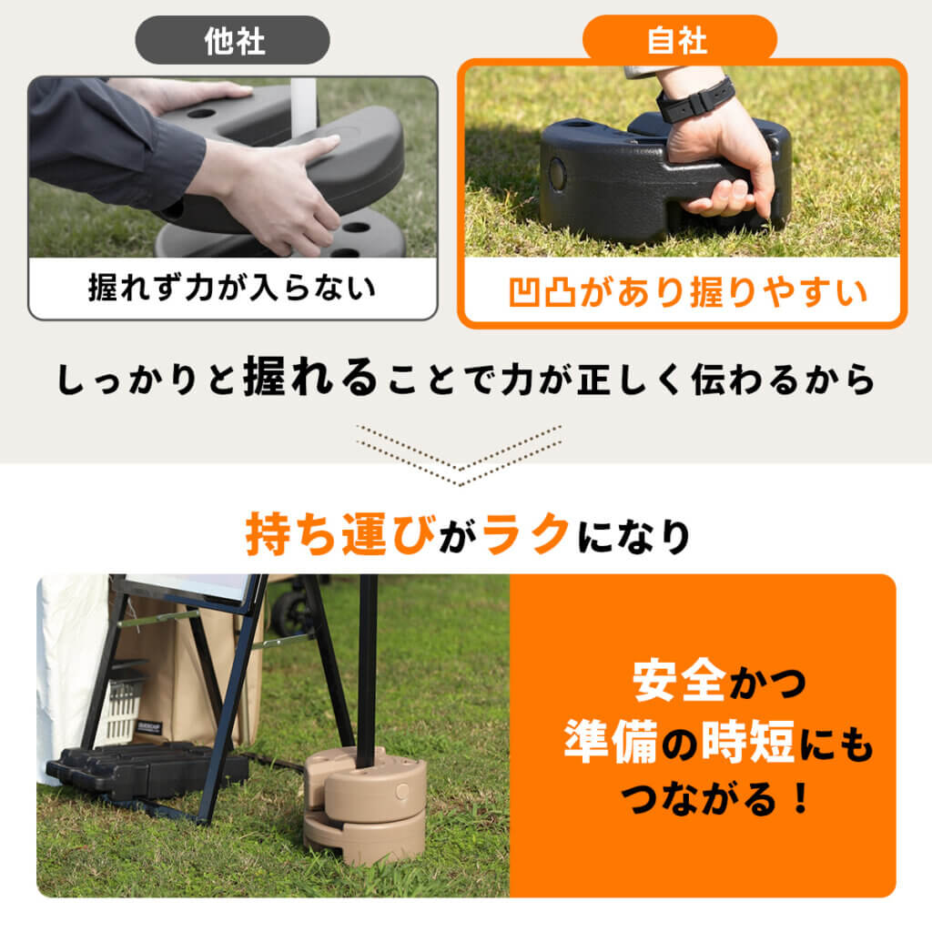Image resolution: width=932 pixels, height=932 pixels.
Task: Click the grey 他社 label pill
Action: tap(232, 40)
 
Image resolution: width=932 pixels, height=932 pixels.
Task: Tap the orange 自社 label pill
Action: tap(679, 40)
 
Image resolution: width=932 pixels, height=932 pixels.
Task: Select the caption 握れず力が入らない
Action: tap(232, 289)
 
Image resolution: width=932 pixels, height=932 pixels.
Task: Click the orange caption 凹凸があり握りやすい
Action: tap(683, 293)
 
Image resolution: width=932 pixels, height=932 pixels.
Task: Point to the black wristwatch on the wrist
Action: tap(694, 99)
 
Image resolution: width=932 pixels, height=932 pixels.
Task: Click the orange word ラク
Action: tap(525, 536)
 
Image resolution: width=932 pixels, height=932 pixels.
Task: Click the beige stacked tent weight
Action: tap(364, 805)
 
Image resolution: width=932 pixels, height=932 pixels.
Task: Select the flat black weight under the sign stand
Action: tap(146, 770)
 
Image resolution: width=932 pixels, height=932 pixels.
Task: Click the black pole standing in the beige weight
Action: tap(368, 664)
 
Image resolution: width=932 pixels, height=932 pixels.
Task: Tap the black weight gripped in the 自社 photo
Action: tap(619, 182)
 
